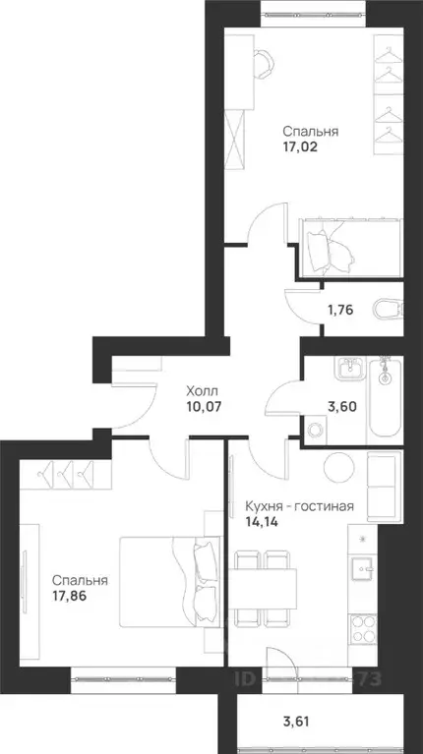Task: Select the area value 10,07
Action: tap(205, 402)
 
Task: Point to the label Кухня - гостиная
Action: tap(298, 508)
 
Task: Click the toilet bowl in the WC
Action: tap(387, 310)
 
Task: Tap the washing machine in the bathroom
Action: tap(316, 431)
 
